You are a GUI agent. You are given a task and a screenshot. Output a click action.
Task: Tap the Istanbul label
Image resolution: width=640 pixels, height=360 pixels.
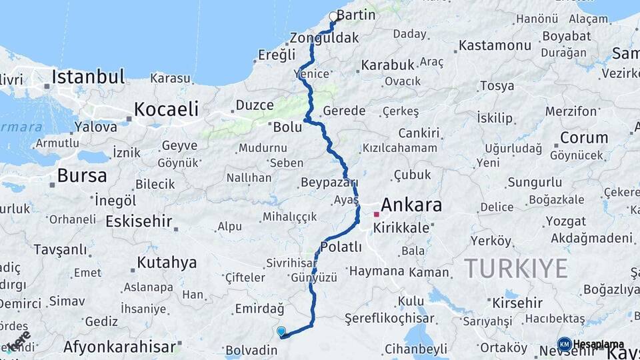pos(88,77)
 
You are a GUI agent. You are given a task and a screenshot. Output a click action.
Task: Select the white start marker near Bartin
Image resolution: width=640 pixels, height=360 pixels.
pos(333,17)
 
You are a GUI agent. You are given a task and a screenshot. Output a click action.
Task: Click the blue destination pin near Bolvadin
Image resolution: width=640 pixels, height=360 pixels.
pos(281,331)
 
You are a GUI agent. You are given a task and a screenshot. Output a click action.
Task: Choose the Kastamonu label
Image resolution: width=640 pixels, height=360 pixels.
pos(494,46)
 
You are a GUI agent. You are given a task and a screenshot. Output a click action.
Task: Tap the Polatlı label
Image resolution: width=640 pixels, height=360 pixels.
pos(341,247)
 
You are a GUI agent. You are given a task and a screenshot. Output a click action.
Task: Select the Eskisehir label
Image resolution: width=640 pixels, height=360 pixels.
pos(139,221)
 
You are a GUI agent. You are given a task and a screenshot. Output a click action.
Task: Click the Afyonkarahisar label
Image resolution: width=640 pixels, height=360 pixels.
pos(120,347)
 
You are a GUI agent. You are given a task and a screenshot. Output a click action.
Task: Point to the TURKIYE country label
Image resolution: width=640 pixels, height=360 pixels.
pos(516,269)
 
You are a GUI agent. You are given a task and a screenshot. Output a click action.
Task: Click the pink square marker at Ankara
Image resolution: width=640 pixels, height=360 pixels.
pos(377,215)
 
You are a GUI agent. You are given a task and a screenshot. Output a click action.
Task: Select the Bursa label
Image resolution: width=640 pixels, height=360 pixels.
pos(81,176)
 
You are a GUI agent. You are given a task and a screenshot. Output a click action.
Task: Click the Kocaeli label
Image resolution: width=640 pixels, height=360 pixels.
pos(166,109)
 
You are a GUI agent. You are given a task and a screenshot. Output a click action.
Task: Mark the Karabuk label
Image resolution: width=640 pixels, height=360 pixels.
pos(387,65)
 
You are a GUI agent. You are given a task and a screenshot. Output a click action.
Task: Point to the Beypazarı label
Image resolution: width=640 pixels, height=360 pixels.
pos(329,183)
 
